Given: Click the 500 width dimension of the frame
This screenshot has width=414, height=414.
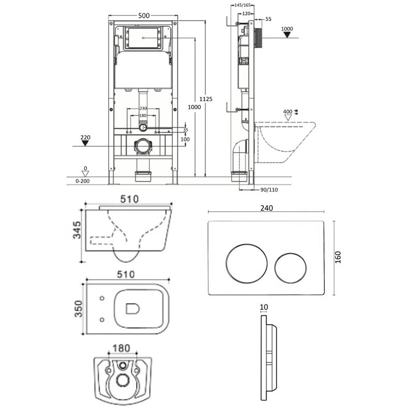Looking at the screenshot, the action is point(144,16).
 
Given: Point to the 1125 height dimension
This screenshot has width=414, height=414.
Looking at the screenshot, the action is point(205,99).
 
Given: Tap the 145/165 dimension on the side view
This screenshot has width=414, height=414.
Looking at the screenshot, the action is point(243,5).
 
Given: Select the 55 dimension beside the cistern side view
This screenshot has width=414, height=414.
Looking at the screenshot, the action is point(268,19).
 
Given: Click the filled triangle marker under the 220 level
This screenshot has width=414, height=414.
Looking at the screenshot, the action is point(85,143).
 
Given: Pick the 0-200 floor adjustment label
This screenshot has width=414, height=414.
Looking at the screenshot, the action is point(83,181).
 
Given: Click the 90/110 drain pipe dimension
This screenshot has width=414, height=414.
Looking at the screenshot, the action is point(269,189).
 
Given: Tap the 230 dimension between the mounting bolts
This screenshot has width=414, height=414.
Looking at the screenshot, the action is point(143,109).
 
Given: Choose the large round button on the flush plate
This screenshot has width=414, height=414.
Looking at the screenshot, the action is point(246,263).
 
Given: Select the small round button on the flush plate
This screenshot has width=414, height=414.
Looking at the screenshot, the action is point(290,268).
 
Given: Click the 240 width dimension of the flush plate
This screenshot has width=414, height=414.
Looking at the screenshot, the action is point(267,208).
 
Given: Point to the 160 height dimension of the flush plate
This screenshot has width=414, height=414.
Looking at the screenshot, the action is point(338,257).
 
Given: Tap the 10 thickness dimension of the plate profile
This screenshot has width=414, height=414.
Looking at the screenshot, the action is point(264,307).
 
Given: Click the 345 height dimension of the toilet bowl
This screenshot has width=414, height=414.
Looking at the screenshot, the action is point(77,230).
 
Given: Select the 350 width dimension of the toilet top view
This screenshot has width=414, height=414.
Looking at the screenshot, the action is point(79,308).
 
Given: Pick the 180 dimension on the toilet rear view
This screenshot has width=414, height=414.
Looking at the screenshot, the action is point(121,348).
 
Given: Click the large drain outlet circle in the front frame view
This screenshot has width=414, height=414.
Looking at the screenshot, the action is point(143,146).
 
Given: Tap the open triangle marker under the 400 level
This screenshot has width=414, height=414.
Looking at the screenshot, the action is point(288,117).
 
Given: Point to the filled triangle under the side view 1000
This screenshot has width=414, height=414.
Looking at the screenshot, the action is point(287,35).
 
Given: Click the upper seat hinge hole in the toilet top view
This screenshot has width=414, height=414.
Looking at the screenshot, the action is point(102,299).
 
